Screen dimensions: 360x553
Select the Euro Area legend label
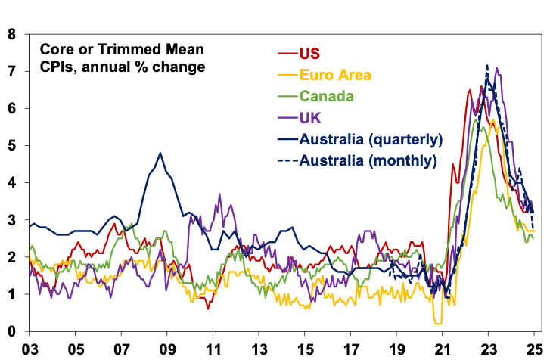pos(331,75)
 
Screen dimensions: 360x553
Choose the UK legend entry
pos(309,117)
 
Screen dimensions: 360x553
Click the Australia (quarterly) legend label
pos(371,139)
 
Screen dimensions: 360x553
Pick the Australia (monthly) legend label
pos(368,160)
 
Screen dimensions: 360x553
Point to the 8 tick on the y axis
pos(11,35)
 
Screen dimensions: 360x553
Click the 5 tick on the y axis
pos(11,146)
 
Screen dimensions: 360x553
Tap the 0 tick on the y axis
pos(11,332)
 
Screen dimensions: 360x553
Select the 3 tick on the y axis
pos(11,220)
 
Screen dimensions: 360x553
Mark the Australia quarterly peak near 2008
pos(160,153)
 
